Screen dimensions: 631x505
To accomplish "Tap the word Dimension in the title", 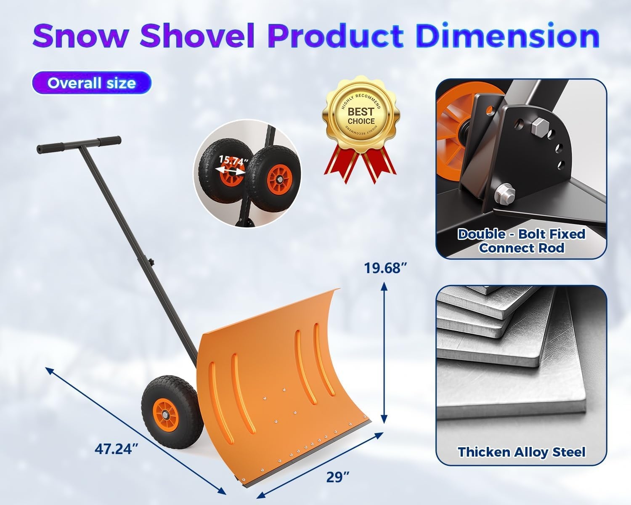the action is coord(507,36).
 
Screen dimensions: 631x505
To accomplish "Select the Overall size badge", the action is coord(91,83).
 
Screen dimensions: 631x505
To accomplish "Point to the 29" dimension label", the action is coord(338,477).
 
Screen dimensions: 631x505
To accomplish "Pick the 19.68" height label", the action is coord(386,268).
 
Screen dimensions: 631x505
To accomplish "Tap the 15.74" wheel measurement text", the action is coord(234,160).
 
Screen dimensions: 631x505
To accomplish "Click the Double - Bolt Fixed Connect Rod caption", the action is coord(521,241).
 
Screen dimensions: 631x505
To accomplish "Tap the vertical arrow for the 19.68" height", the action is coord(384,352).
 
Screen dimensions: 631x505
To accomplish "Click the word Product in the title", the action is coord(335,36).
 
